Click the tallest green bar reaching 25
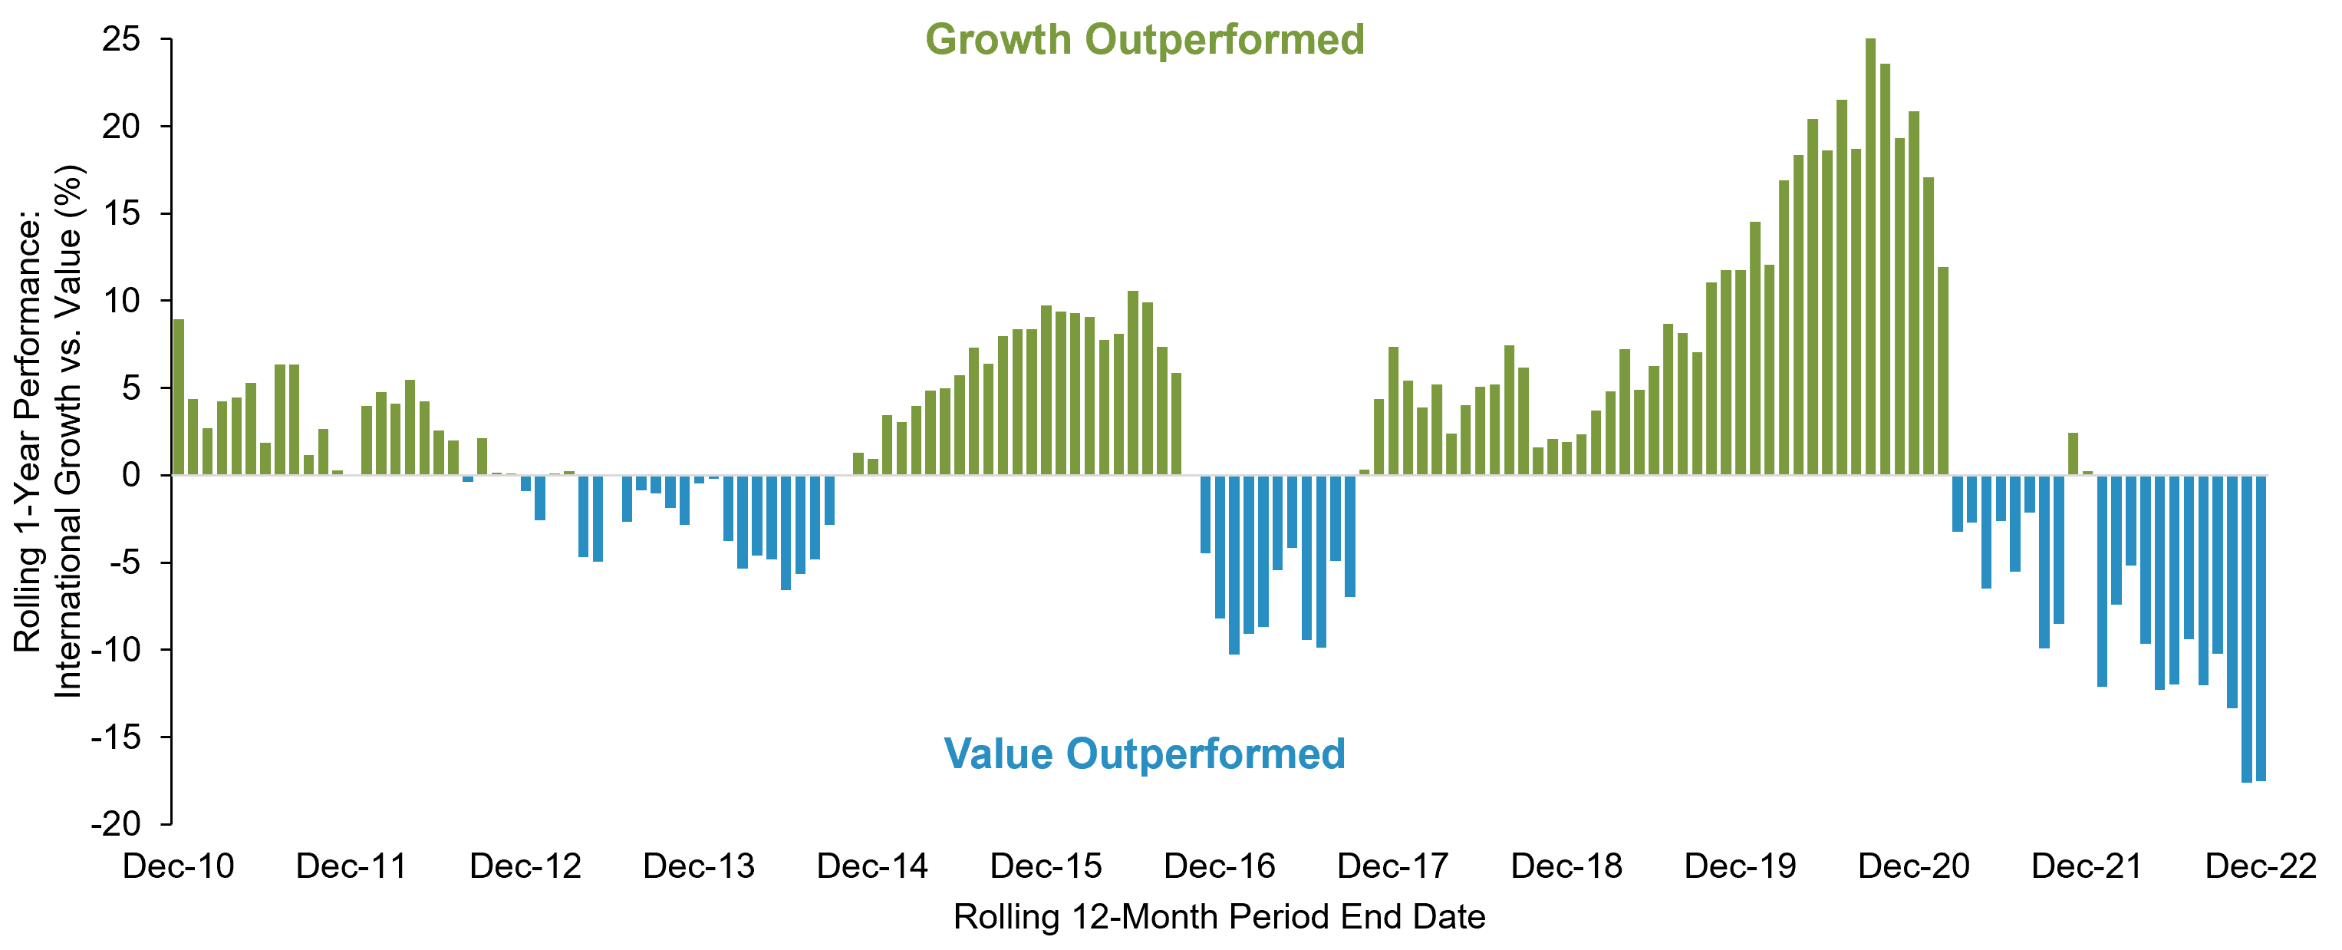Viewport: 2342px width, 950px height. [x=1870, y=255]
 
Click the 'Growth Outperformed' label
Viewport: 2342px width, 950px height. [x=1145, y=40]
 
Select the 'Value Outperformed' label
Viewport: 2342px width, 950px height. [x=1145, y=754]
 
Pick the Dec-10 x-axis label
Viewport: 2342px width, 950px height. [x=178, y=866]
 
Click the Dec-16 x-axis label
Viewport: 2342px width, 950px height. [x=1219, y=866]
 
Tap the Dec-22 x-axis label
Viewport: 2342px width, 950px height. [x=2261, y=866]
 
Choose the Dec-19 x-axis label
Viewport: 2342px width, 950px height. [x=1740, y=866]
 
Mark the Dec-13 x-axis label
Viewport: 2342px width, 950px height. [x=698, y=866]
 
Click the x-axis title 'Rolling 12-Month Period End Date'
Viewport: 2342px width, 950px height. [x=1219, y=917]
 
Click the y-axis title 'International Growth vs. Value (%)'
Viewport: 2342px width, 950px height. [x=68, y=432]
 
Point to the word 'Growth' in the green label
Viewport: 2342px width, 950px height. [x=998, y=40]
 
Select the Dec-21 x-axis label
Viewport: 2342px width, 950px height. [x=2087, y=866]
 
